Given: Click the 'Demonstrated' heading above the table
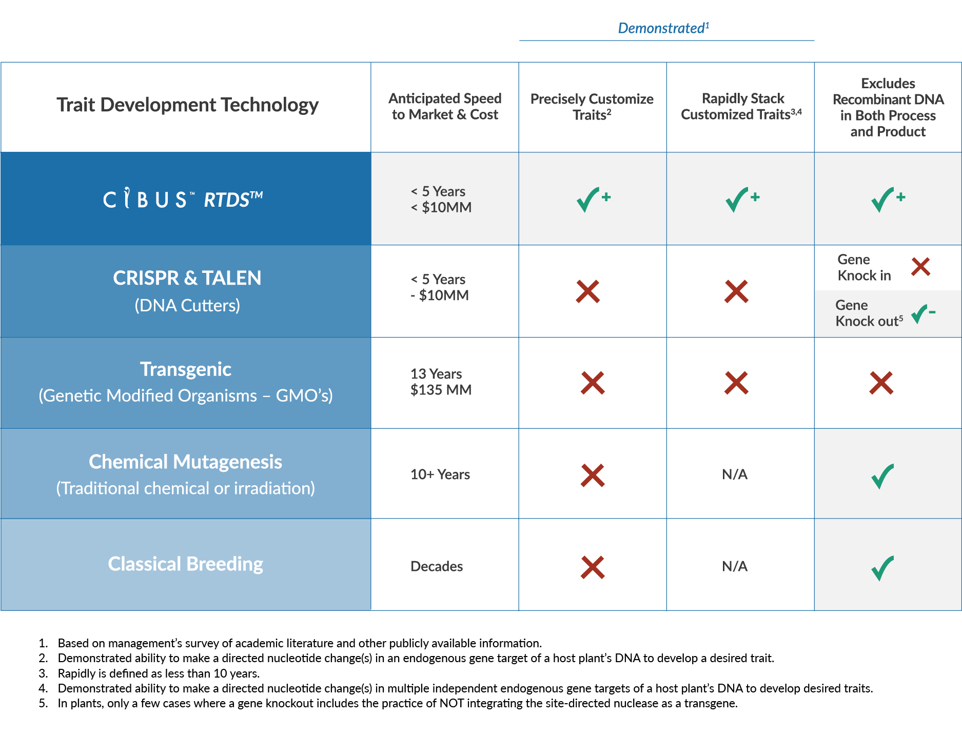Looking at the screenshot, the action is [663, 28].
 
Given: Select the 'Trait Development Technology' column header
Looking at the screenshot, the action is [187, 105].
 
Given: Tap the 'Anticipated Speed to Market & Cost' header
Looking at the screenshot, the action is [445, 106].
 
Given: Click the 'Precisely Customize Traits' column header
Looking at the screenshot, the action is [592, 106].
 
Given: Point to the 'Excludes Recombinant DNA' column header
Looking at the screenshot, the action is [888, 107].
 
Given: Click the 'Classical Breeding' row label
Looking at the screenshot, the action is [186, 564].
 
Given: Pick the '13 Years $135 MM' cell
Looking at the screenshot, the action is [441, 382].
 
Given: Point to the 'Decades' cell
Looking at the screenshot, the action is [437, 566].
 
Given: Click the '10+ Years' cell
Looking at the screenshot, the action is [440, 474].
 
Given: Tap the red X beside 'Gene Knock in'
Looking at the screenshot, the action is [921, 267].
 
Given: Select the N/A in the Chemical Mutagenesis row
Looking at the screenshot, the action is [735, 474].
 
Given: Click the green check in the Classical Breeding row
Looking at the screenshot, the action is [882, 568].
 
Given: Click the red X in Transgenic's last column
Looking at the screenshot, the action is [881, 383].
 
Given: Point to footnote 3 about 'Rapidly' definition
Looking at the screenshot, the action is [149, 673].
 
